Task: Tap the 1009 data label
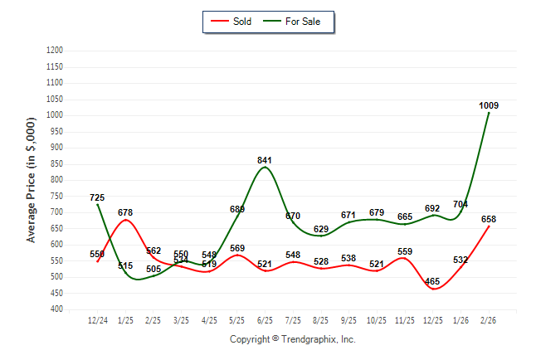(489, 105)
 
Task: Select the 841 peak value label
(265, 160)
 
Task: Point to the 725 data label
(97, 197)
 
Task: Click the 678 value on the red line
(125, 213)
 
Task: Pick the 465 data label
(433, 282)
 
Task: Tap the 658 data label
(489, 219)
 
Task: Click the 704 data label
(460, 204)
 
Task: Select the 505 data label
(153, 269)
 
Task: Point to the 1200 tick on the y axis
(55, 51)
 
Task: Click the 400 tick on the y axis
(57, 309)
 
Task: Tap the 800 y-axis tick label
(57, 180)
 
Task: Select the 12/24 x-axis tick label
(97, 319)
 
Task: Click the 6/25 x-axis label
(265, 319)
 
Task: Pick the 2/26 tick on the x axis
(489, 319)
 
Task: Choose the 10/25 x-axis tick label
(377, 319)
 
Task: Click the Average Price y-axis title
(32, 179)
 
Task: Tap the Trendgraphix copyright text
(292, 339)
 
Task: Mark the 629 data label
(321, 229)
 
